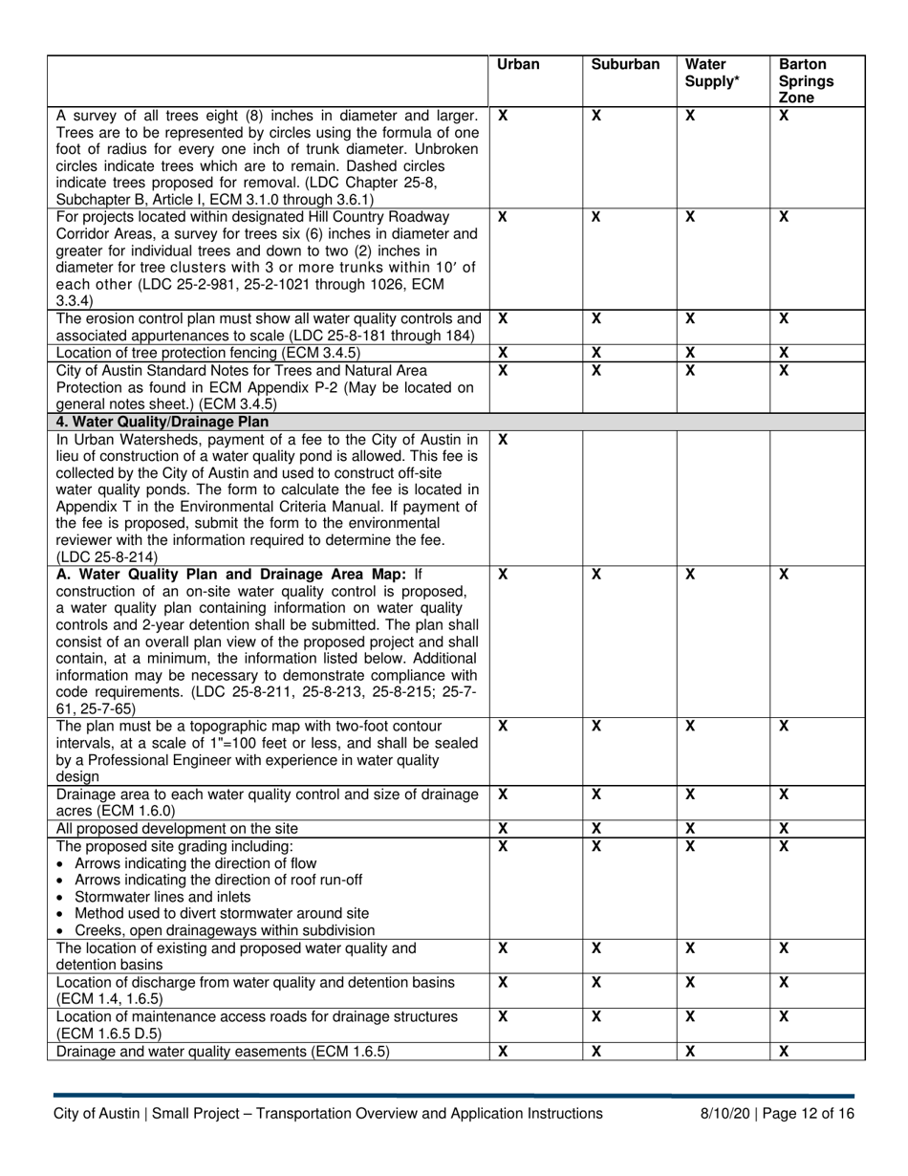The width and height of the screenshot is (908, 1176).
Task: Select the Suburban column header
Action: pyautogui.click(x=625, y=65)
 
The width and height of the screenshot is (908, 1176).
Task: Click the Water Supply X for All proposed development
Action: pyautogui.click(x=690, y=828)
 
